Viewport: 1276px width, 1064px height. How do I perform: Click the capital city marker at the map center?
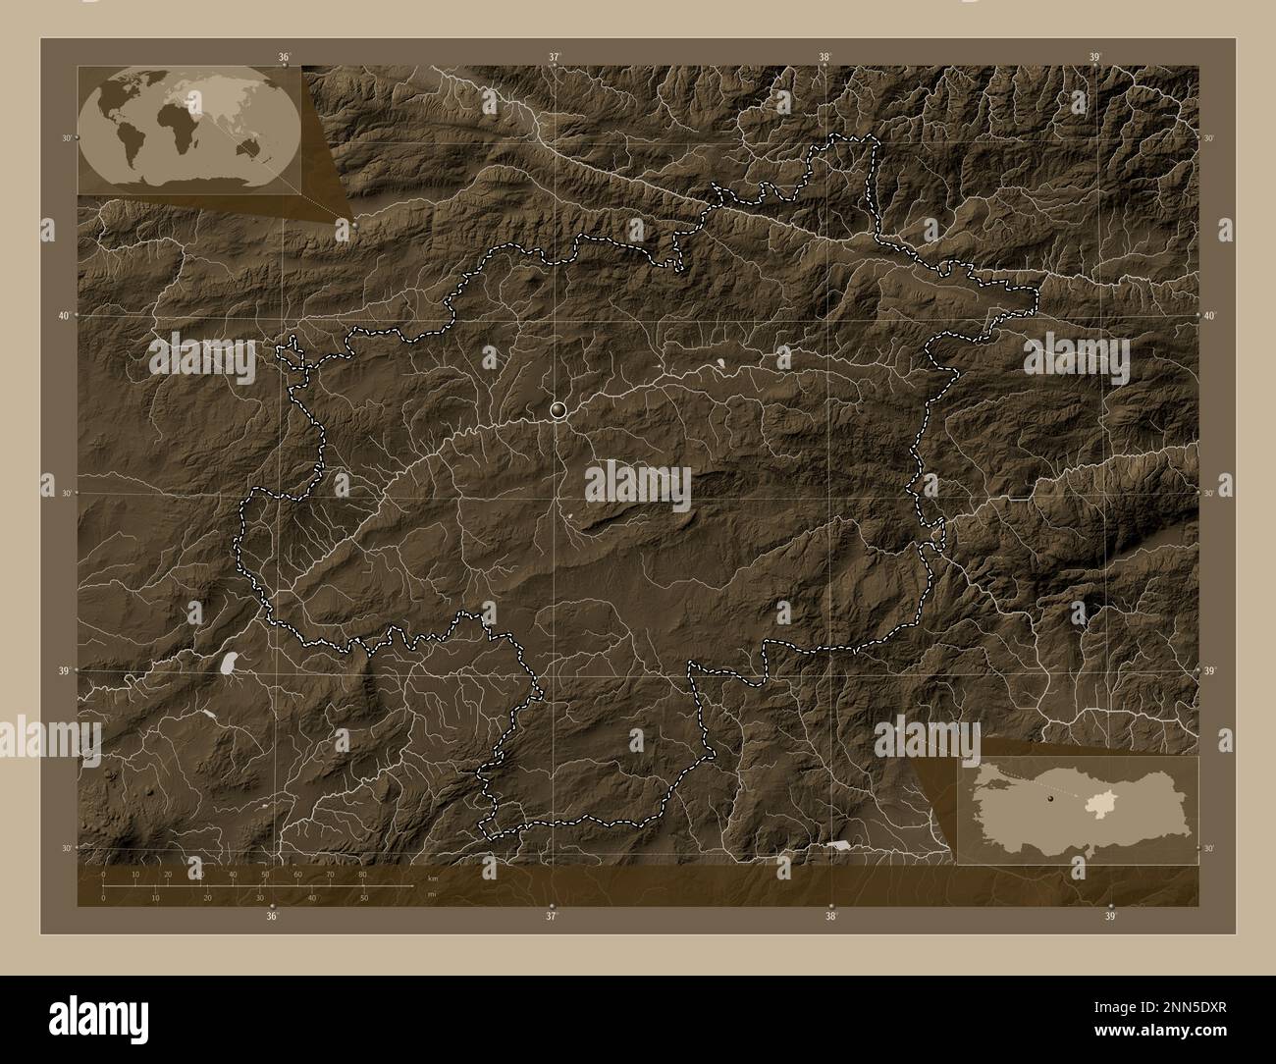pyautogui.click(x=558, y=410)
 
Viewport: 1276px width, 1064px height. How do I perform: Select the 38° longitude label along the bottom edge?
pyautogui.click(x=831, y=916)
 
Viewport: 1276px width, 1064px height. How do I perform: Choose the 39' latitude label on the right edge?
pyautogui.click(x=1209, y=670)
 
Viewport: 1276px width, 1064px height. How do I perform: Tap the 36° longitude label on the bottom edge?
pyautogui.click(x=272, y=916)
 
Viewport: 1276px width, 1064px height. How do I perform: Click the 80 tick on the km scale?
pyautogui.click(x=363, y=874)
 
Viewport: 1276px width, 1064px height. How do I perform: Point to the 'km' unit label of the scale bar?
pyautogui.click(x=433, y=879)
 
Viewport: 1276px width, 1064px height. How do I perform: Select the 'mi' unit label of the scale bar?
pyautogui.click(x=431, y=894)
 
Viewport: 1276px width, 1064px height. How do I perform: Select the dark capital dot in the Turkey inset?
pyautogui.click(x=1050, y=800)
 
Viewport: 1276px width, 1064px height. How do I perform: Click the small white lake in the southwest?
pyautogui.click(x=231, y=663)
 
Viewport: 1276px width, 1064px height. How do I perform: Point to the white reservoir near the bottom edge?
pyautogui.click(x=837, y=843)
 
